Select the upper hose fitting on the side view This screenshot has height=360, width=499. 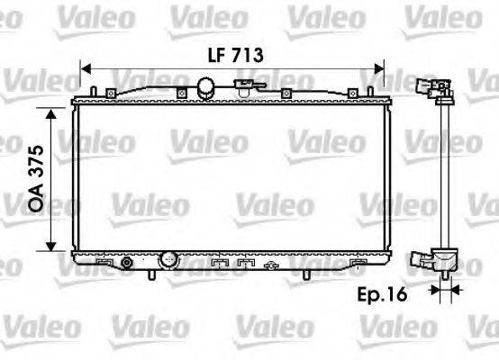(x=435, y=87)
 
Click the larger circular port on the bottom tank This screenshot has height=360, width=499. (x=168, y=260)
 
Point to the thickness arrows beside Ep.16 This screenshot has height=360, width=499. (x=442, y=289)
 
